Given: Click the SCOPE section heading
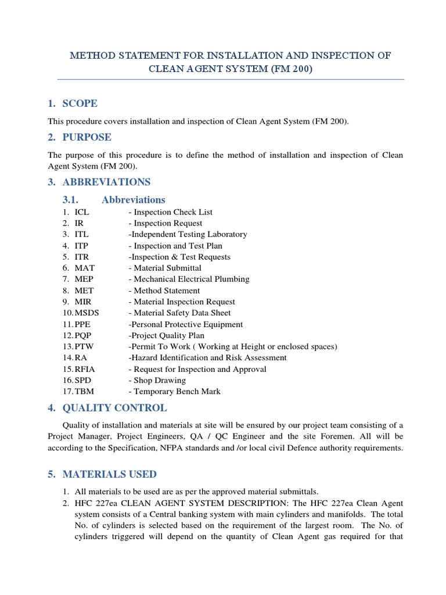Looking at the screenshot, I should click(79, 104).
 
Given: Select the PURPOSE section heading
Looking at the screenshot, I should click(87, 138).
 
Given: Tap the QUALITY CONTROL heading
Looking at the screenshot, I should click(114, 408).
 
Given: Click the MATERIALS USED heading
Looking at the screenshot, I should click(109, 474).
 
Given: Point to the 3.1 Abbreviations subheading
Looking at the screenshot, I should click(133, 200).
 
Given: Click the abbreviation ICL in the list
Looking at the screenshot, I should click(82, 212).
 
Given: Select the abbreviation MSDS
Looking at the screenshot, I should click(87, 313).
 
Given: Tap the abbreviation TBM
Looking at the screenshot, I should click(84, 392).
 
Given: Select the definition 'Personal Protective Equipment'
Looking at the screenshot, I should click(186, 324).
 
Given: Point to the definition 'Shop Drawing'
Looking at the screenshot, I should click(160, 381).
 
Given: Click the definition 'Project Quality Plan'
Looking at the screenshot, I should click(167, 335).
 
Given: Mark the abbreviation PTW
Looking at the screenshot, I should click(85, 347).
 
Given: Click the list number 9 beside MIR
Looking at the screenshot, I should click(66, 302).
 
